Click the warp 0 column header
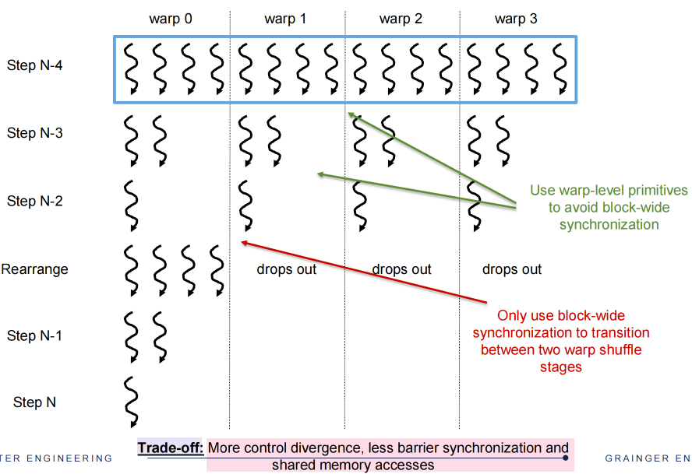point(171,19)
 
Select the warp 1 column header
point(286,19)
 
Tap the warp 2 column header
point(401,19)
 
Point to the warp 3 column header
point(516,19)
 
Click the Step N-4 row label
point(34,65)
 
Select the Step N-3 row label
point(34,133)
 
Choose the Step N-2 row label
point(34,202)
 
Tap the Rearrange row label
point(34,269)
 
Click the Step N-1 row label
point(34,336)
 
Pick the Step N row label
point(34,402)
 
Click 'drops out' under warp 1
point(286,269)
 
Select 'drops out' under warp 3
point(512,269)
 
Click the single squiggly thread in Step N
point(131,402)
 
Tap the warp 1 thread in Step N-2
point(245,204)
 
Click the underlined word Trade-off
point(169,448)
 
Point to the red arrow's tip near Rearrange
point(243,243)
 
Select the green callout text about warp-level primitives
point(609,207)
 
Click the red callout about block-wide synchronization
point(560,341)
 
